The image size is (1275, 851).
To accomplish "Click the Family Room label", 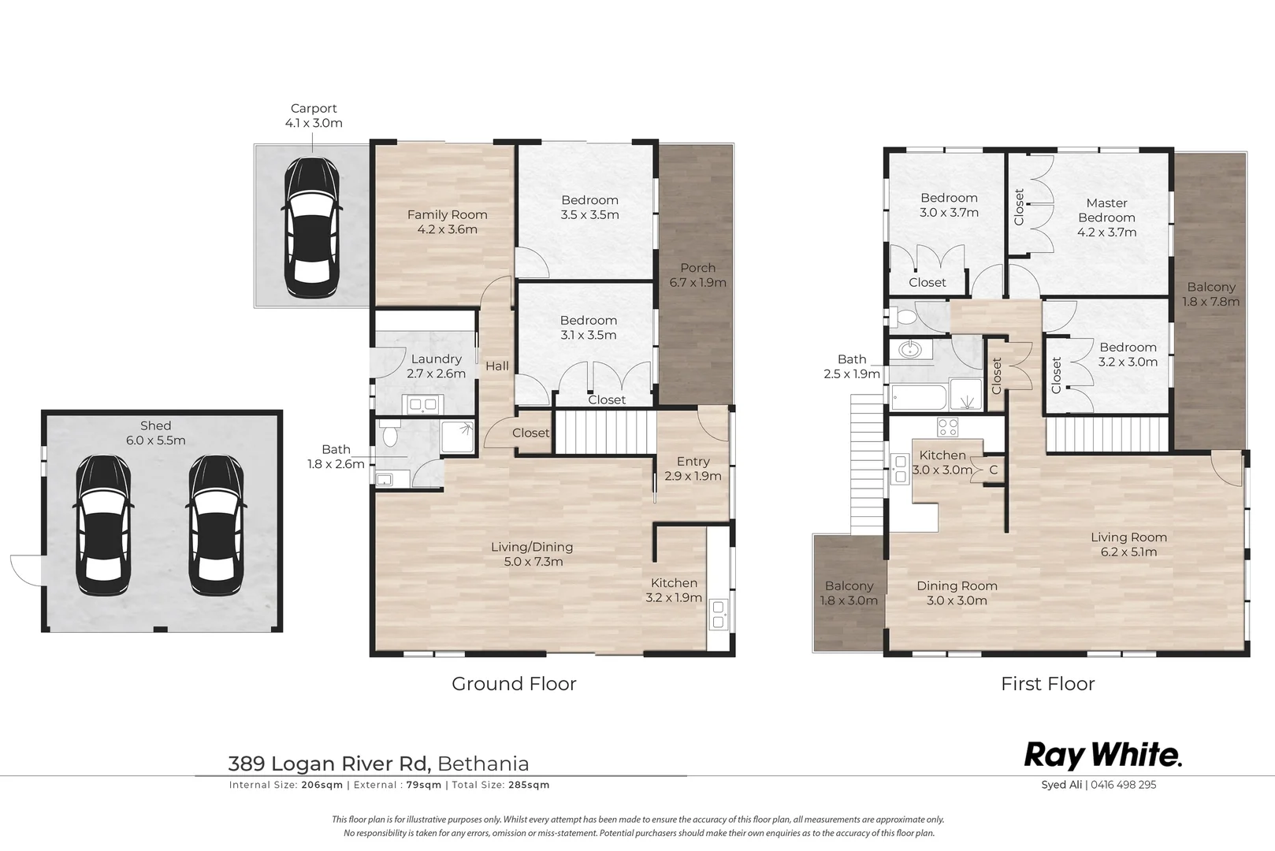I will (447, 221).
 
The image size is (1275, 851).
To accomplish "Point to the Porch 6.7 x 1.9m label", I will (697, 275).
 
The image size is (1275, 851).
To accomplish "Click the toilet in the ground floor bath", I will (389, 436).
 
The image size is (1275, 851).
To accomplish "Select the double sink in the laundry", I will (422, 405).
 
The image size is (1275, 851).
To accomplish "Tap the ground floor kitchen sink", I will (718, 614).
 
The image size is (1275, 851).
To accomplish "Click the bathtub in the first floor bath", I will (919, 397).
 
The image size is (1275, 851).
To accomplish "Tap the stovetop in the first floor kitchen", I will (947, 427).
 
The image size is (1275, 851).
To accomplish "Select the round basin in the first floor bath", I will (910, 349).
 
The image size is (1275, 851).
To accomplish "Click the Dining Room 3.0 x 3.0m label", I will (957, 593).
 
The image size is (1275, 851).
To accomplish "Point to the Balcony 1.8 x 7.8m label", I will (1211, 294).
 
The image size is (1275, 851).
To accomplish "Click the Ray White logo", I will (1102, 756).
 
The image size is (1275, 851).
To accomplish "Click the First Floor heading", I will (1047, 684).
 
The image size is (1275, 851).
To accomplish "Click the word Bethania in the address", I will (483, 764).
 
